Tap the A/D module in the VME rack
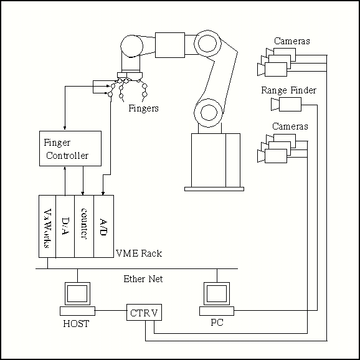click(x=103, y=226)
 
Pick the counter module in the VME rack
click(x=84, y=226)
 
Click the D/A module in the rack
click(x=65, y=226)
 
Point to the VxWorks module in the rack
click(x=47, y=226)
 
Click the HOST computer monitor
click(x=77, y=293)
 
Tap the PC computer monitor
click(x=217, y=293)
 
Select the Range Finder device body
click(x=290, y=104)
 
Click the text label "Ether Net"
click(x=143, y=279)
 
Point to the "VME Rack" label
click(x=139, y=253)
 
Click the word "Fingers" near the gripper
click(x=143, y=108)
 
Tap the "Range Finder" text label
click(x=288, y=90)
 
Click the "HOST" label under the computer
click(x=76, y=324)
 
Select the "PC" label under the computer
click(x=217, y=323)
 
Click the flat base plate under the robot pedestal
click(x=214, y=189)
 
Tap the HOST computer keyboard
click(x=77, y=311)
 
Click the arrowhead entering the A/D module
click(x=103, y=193)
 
